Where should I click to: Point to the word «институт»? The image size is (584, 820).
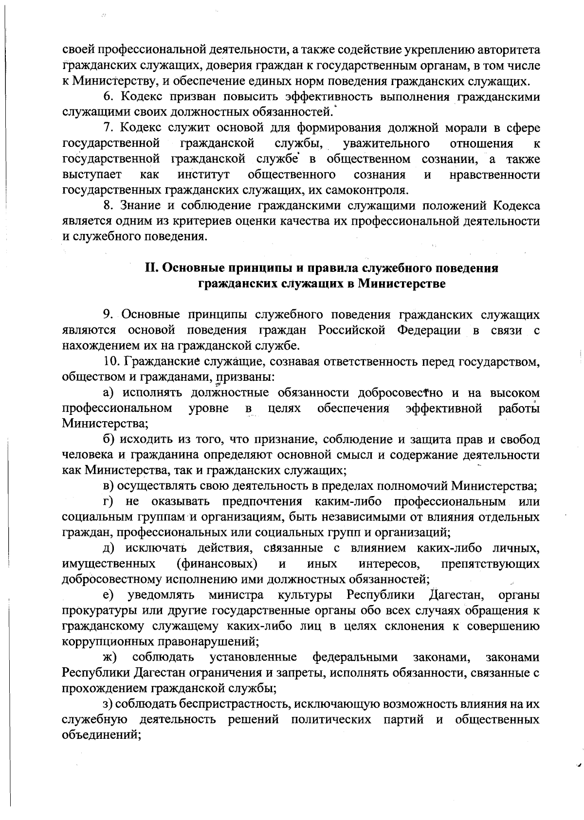coord(203,175)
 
